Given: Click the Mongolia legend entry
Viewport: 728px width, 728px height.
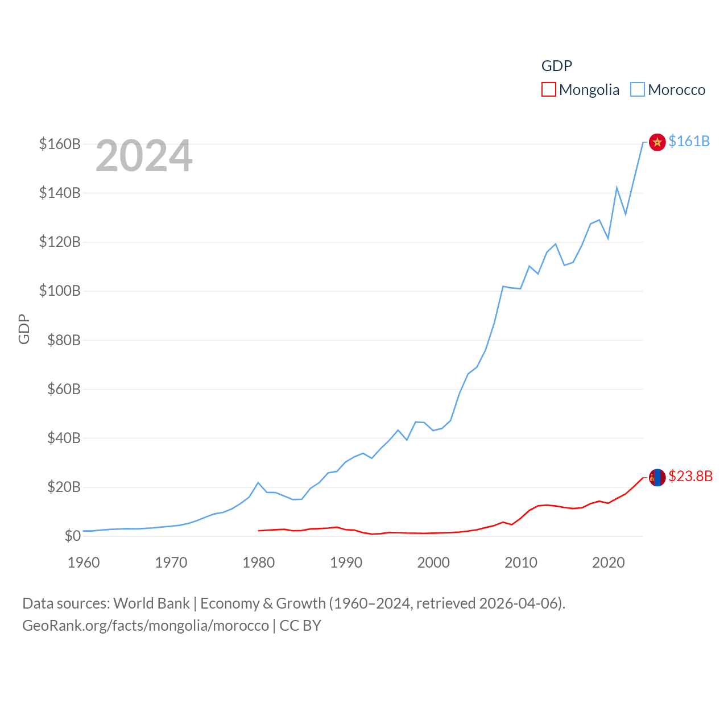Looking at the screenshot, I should [x=581, y=90].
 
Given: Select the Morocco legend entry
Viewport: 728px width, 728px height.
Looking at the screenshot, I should [x=668, y=90].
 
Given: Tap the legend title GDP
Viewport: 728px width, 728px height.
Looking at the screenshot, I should [x=556, y=66].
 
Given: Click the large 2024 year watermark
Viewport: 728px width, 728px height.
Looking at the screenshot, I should [x=144, y=155].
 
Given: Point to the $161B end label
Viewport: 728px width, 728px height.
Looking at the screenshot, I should [x=689, y=141].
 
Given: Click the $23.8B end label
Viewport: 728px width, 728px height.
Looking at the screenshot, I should [x=690, y=476].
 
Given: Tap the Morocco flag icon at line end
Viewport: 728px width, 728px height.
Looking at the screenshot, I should [x=657, y=142].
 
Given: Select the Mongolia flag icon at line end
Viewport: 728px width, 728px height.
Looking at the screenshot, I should [x=657, y=478].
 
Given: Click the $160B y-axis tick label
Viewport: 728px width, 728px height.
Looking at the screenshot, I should [x=60, y=144].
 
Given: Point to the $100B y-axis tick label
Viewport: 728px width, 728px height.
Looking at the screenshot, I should [x=60, y=291].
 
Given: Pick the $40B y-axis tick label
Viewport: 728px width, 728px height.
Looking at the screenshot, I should [x=64, y=438].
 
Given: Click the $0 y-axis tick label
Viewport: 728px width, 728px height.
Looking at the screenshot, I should [x=72, y=536].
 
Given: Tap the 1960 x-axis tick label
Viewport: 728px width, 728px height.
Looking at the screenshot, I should [x=84, y=562].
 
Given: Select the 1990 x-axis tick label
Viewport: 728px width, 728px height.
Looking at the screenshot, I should [x=346, y=562].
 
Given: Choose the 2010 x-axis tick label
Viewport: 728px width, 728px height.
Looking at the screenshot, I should [x=521, y=562].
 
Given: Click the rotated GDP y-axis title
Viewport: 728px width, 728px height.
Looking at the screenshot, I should [x=24, y=329].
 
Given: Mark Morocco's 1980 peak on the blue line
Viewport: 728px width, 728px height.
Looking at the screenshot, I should [x=258, y=483].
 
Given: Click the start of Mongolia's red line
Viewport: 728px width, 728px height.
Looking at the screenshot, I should [x=259, y=531].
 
